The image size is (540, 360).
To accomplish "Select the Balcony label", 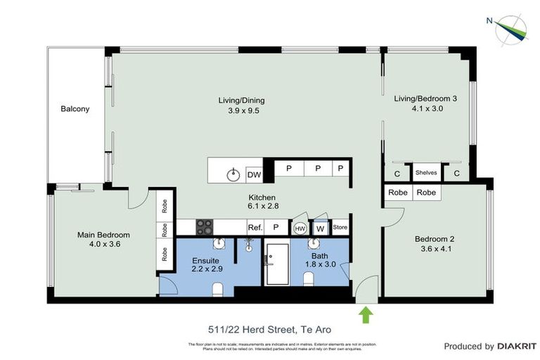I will (75, 109).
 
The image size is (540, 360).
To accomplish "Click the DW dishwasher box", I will (254, 174).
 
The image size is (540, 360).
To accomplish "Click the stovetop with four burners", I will (204, 227).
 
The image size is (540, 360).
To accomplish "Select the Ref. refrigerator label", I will (255, 228).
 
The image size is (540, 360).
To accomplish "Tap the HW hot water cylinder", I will (300, 228).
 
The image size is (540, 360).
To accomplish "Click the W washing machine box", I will (320, 228).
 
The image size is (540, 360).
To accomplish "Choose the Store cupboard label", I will (340, 228).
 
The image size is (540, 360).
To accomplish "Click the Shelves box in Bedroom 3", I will (425, 172).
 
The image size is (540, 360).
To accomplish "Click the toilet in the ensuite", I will (217, 288).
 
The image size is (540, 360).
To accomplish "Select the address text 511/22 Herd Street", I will (269, 329).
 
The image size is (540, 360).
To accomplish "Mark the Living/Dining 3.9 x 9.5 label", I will (241, 105).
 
